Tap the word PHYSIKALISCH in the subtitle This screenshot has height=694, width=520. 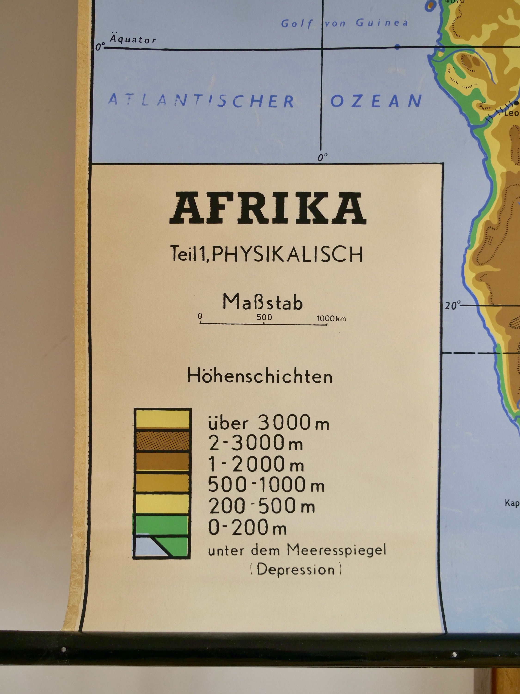287,254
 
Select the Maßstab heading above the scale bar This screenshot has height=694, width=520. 263,302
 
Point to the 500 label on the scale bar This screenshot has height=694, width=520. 264,317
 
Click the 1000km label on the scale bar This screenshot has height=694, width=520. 331,319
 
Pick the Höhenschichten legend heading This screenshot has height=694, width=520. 260,376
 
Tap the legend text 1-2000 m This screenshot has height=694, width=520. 256,464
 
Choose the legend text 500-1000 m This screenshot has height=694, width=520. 266,485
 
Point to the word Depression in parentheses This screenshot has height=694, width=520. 296,570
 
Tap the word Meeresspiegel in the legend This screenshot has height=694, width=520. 336,550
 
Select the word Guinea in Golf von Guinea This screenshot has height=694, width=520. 382,23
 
